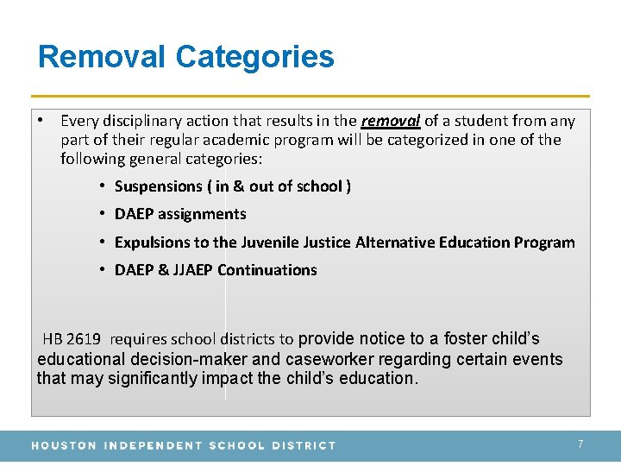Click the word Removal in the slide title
(x=102, y=57)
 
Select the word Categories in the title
(x=254, y=57)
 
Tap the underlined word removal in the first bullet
(x=390, y=121)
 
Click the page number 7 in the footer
(x=580, y=444)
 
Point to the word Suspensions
(x=158, y=186)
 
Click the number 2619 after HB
(x=84, y=339)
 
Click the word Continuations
(x=267, y=270)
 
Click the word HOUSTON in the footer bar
(x=63, y=445)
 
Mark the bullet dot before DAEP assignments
(x=102, y=213)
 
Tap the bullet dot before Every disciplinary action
(x=41, y=120)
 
